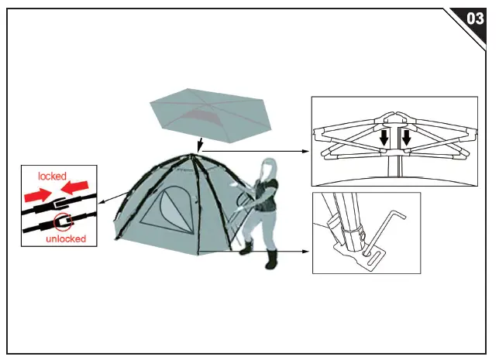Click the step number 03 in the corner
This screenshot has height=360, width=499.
(x=476, y=19)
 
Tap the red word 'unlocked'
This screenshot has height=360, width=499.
(x=64, y=238)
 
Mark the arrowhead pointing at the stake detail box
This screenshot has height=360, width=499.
(x=308, y=251)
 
